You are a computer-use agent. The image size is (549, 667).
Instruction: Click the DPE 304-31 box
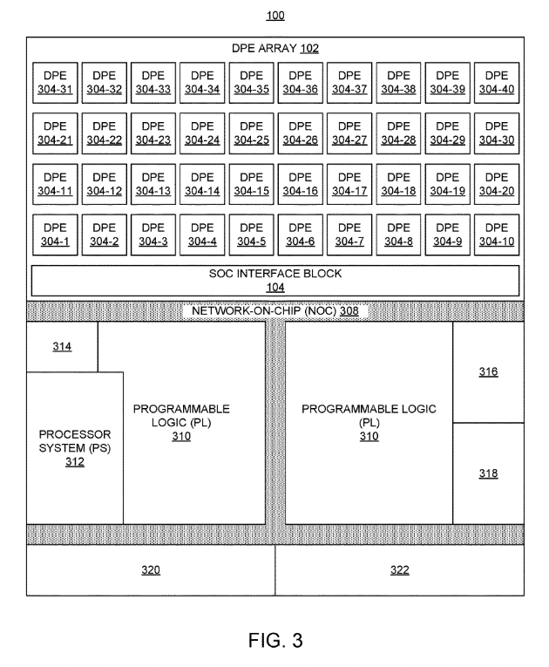click(x=55, y=82)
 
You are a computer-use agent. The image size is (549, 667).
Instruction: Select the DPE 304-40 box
click(x=497, y=82)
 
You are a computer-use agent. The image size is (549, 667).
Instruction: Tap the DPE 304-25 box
click(x=251, y=133)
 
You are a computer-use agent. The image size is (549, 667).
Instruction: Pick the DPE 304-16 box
click(x=301, y=184)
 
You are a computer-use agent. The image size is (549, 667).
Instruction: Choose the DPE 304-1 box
click(x=55, y=235)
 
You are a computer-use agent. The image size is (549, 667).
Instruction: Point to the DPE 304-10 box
click(x=497, y=235)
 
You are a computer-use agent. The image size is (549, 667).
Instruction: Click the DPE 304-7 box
click(x=349, y=235)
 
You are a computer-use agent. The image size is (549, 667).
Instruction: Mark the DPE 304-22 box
click(x=104, y=133)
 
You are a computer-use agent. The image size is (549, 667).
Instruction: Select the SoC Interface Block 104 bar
click(x=275, y=280)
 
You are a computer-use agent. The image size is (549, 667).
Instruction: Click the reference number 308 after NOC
click(x=349, y=310)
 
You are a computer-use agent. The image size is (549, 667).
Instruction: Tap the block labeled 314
click(x=61, y=346)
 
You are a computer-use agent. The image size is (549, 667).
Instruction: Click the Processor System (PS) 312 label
click(x=75, y=447)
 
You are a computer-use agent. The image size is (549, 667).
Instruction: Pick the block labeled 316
click(x=488, y=371)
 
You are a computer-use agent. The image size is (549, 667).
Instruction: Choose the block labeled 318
click(x=488, y=473)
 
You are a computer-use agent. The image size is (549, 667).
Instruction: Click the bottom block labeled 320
click(x=151, y=570)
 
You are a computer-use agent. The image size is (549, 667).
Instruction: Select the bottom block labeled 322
click(x=400, y=570)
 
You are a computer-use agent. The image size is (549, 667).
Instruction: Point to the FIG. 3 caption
click(x=274, y=641)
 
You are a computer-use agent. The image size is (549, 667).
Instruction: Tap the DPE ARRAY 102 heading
click(x=275, y=49)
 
